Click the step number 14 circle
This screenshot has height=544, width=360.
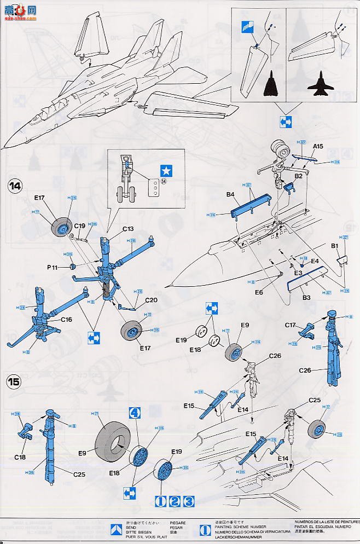(x=14, y=186)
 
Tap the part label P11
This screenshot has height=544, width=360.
(x=52, y=267)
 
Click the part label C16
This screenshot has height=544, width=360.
(x=66, y=319)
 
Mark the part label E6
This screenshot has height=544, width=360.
(x=259, y=293)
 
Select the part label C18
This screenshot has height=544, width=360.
(x=20, y=456)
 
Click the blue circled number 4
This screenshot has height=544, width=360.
(x=135, y=413)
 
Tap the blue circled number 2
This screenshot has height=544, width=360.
(x=174, y=501)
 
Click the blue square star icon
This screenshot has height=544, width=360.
(x=165, y=170)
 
